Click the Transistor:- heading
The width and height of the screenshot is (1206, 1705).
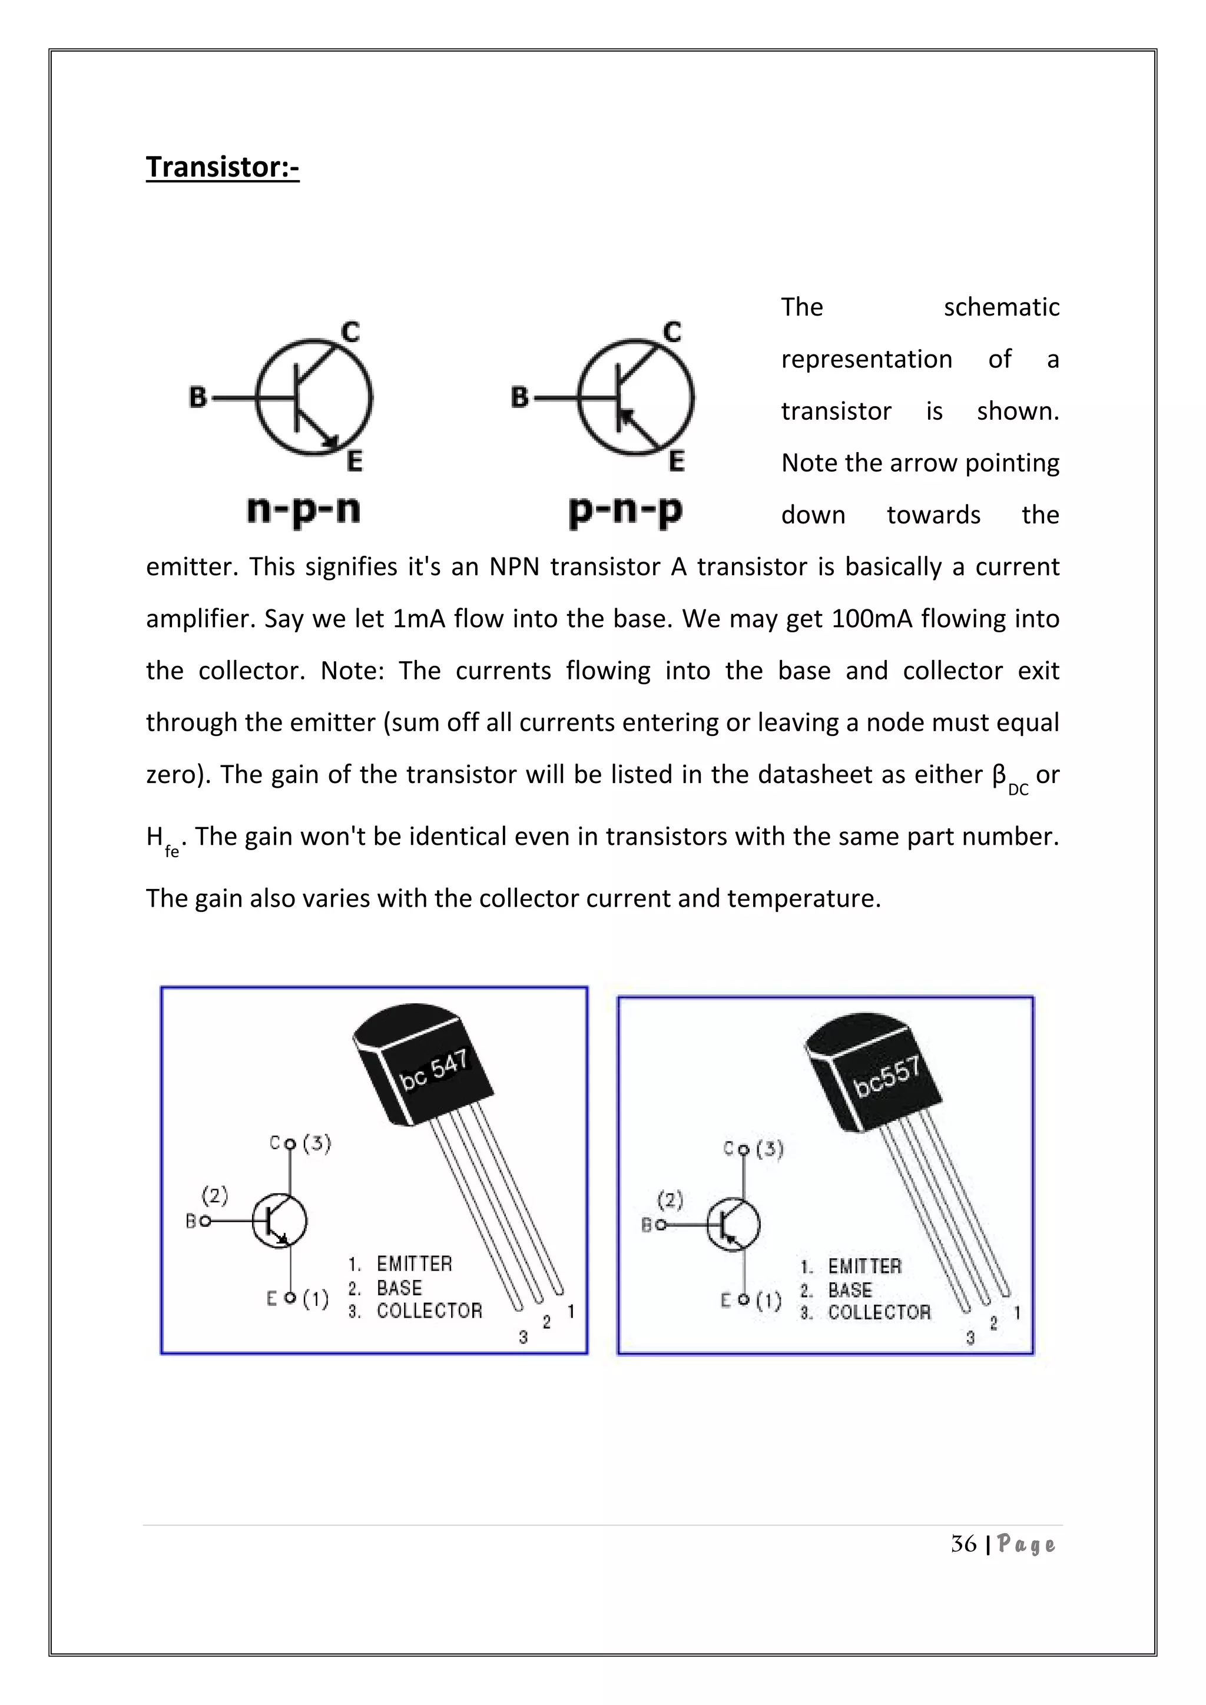(222, 167)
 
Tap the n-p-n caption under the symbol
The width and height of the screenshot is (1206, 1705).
(303, 510)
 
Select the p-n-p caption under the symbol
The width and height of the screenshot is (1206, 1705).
(625, 510)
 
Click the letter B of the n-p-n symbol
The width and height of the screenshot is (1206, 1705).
(197, 397)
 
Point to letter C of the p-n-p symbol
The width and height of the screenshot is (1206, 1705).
(671, 331)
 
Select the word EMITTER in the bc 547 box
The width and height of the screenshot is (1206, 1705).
(415, 1263)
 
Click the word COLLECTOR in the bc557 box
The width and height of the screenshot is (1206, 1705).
(879, 1312)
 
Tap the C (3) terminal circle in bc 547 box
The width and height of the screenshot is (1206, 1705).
(290, 1143)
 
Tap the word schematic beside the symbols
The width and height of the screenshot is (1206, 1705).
(1001, 307)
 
